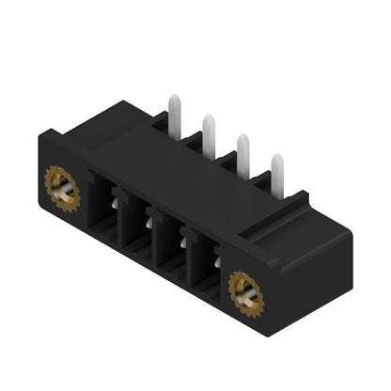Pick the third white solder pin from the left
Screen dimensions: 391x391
pos(243,150)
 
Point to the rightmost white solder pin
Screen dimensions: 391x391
pos(277,170)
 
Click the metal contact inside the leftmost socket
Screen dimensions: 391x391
pos(113,198)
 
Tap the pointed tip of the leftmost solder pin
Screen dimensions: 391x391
pos(174,98)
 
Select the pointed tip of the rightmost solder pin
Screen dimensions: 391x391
pos(277,157)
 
